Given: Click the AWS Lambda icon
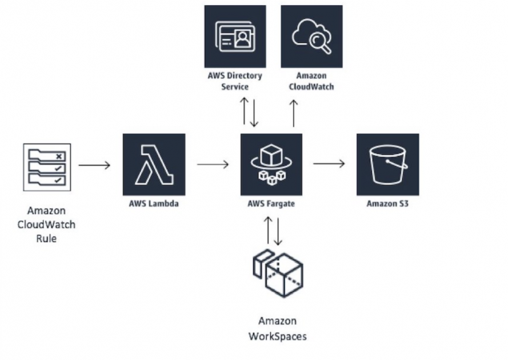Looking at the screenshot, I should [154, 165].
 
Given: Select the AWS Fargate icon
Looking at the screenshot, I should [271, 165].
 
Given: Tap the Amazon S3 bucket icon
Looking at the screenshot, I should [387, 165].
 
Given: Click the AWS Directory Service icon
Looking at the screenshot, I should [235, 37].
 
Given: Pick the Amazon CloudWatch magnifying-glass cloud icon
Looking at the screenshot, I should [311, 37].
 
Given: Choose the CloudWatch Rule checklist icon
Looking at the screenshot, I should [47, 166].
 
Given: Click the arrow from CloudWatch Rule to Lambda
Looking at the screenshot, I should [94, 165].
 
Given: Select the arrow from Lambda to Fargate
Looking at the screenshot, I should [213, 165].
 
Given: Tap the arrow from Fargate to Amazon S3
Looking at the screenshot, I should [329, 163].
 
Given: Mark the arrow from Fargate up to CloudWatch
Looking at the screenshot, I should [294, 113].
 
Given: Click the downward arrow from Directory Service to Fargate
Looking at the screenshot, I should [255, 113].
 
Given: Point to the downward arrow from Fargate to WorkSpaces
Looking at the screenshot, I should [278, 230].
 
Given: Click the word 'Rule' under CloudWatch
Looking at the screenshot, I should [46, 238].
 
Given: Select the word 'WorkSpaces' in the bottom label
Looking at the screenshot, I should [277, 336].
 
